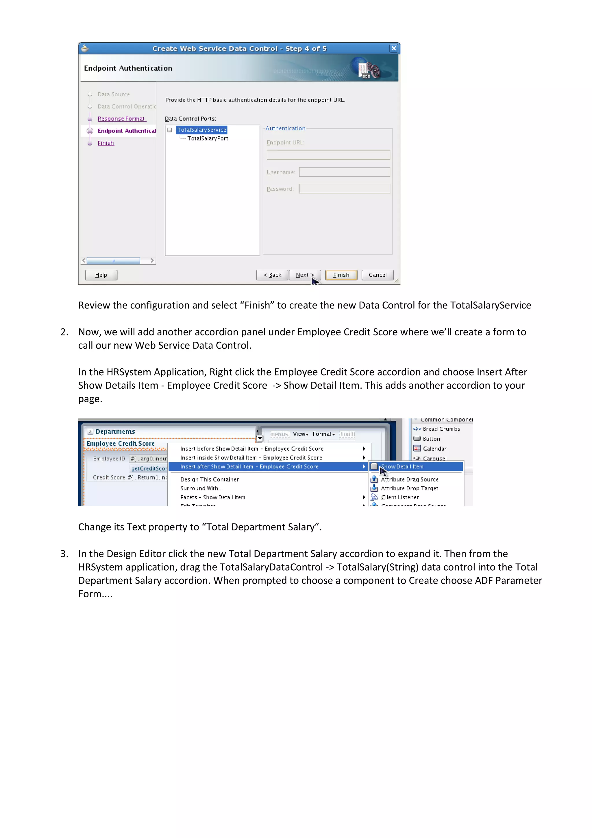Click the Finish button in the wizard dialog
tap(341, 275)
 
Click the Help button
tap(101, 275)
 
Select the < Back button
tap(272, 275)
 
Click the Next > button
tap(304, 275)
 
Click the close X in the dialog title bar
tap(394, 48)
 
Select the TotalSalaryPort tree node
tap(208, 139)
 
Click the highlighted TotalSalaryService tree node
tap(201, 130)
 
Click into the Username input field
tap(344, 172)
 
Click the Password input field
tap(344, 189)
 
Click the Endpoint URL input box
tap(328, 155)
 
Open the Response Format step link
tap(121, 119)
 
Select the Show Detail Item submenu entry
tap(402, 466)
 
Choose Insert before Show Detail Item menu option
tap(251, 449)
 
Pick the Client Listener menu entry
tap(400, 497)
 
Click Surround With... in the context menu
tap(201, 488)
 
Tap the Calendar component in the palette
tap(434, 449)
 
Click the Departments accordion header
tap(115, 431)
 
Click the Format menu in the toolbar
tap(323, 434)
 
